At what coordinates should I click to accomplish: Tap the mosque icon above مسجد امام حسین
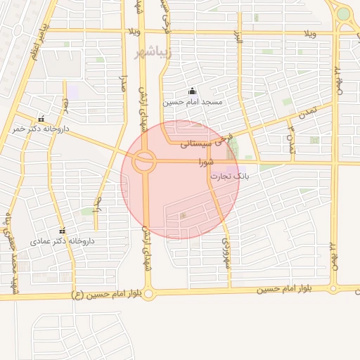[x=192, y=91]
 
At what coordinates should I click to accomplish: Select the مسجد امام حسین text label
[x=192, y=103]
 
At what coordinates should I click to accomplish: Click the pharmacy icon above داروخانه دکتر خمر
[x=41, y=118]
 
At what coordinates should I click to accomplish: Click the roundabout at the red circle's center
[x=145, y=161]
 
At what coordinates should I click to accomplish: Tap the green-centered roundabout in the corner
[x=342, y=13]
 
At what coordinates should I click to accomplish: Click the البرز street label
[x=239, y=37]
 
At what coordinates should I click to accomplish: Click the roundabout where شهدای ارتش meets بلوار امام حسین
[x=147, y=292]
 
